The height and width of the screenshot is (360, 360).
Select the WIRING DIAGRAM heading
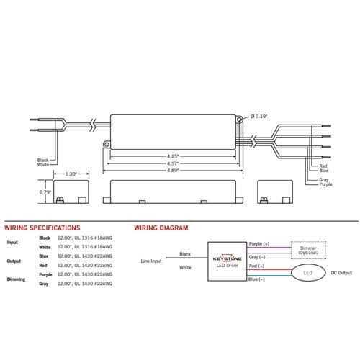pyautogui.click(x=161, y=228)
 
